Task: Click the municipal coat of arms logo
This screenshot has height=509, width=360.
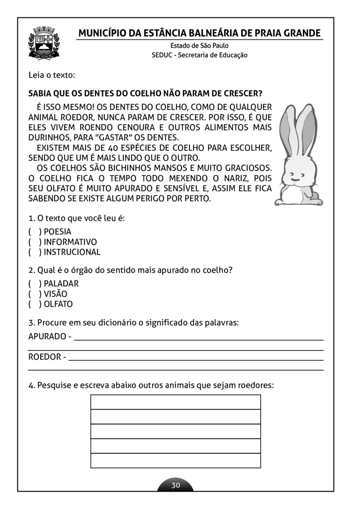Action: click(44, 44)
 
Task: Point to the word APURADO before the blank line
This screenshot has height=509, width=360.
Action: click(47, 337)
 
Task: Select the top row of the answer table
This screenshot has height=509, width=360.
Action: click(176, 402)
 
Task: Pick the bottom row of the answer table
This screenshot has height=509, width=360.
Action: click(176, 461)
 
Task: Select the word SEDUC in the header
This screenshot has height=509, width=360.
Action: click(162, 55)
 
